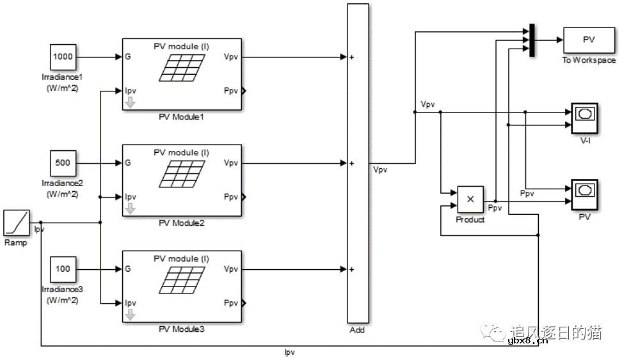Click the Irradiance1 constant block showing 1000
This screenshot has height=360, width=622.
[63, 57]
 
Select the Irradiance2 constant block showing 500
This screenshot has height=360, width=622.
[63, 163]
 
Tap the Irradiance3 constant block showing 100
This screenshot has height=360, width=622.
[63, 269]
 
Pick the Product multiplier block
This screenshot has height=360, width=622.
[470, 200]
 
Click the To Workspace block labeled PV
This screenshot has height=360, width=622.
[589, 40]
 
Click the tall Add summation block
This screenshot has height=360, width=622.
[358, 163]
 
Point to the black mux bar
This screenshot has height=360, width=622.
[532, 40]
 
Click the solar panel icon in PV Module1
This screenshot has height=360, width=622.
[182, 67]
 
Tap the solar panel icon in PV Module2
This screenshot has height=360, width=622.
[182, 173]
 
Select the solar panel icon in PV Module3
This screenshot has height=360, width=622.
[182, 279]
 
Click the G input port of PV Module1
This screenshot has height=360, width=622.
[128, 57]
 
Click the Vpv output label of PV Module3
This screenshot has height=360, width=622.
[230, 269]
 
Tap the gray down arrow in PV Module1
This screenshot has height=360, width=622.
[130, 102]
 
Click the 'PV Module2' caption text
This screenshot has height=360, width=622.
[181, 224]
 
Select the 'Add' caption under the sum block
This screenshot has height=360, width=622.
[358, 330]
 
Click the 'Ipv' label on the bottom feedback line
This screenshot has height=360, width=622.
[289, 352]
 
